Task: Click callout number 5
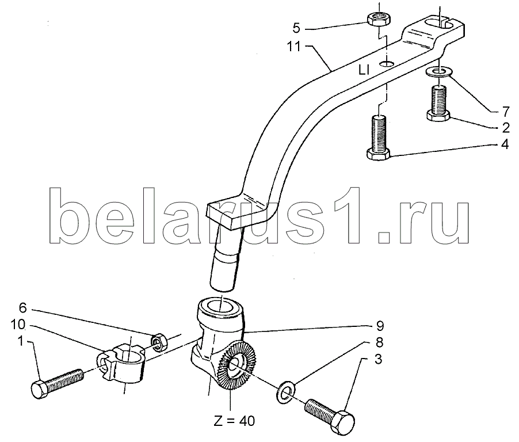click(296, 29)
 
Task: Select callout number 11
click(293, 47)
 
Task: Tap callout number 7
click(505, 112)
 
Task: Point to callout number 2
click(505, 128)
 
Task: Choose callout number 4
click(505, 144)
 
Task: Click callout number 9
click(380, 326)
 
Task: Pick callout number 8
click(380, 342)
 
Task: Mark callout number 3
click(378, 359)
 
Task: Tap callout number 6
click(22, 308)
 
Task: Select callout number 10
click(18, 325)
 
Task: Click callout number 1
click(21, 341)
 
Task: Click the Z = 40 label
click(234, 421)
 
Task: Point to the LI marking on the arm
click(364, 70)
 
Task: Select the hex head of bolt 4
click(379, 154)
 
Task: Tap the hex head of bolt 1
click(40, 390)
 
